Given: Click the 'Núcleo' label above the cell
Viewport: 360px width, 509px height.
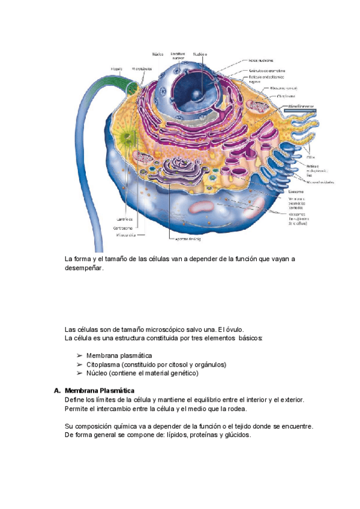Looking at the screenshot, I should (x=158, y=53).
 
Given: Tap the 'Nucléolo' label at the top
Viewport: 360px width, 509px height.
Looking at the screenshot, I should (x=200, y=53).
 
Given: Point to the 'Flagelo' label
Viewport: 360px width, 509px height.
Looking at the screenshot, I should (x=116, y=68).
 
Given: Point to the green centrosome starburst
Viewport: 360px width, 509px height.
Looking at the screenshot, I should (x=127, y=138).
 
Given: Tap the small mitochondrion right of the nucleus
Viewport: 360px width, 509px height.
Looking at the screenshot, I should (x=260, y=108).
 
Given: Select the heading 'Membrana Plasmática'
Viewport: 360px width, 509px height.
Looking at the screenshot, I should (x=100, y=390).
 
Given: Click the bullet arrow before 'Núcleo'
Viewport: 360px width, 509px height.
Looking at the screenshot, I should (x=79, y=373).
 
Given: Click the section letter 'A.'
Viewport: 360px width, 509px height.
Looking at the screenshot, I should (x=58, y=390).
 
